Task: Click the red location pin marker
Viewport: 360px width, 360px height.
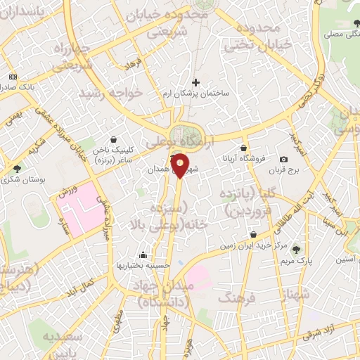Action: click(181, 167)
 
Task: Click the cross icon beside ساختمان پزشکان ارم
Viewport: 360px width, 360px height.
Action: click(195, 82)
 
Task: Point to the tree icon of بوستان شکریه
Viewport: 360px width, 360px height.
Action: click(17, 169)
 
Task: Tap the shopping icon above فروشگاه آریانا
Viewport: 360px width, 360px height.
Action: click(243, 148)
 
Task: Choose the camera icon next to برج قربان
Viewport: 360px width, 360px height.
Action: click(283, 160)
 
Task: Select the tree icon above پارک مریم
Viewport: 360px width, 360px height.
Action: click(295, 249)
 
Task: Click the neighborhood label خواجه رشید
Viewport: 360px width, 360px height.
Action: click(111, 93)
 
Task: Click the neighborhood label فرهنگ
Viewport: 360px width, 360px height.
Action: click(235, 299)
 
